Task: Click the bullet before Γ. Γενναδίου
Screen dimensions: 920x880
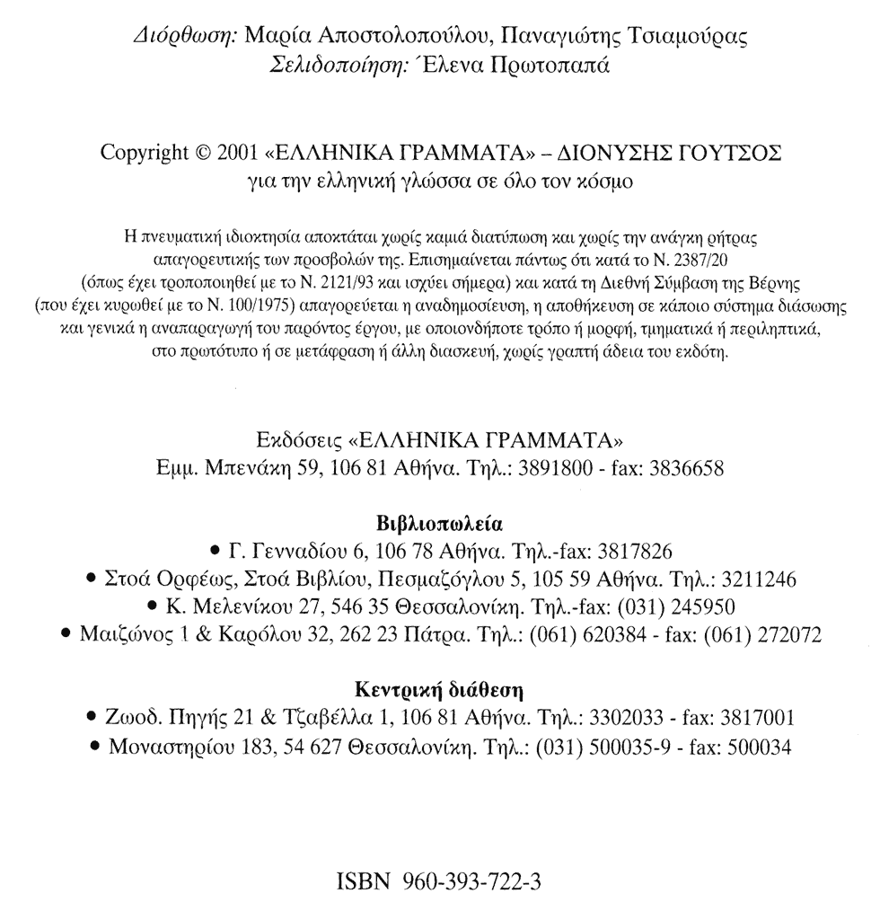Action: pos(213,552)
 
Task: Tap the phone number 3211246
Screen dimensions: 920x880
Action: pos(756,579)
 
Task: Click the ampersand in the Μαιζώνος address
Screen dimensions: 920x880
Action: pos(201,635)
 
